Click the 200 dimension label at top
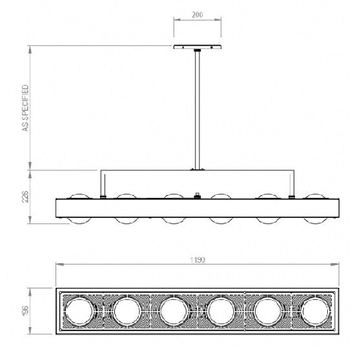pyautogui.click(x=198, y=14)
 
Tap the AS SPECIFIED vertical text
pyautogui.click(x=26, y=108)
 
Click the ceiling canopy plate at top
pyautogui.click(x=197, y=47)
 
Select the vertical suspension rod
pyautogui.click(x=197, y=110)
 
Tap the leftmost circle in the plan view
pyautogui.click(x=79, y=311)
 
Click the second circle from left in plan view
pyautogui.click(x=126, y=311)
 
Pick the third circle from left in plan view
pyautogui.click(x=173, y=311)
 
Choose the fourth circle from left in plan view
pyautogui.click(x=220, y=311)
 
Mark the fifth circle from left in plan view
pyautogui.click(x=268, y=311)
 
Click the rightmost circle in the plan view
pyautogui.click(x=314, y=311)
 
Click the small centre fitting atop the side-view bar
pyautogui.click(x=197, y=194)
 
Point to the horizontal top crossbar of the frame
pyautogui.click(x=197, y=171)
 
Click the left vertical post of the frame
pyautogui.click(x=101, y=183)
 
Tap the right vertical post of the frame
pyautogui.click(x=294, y=183)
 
